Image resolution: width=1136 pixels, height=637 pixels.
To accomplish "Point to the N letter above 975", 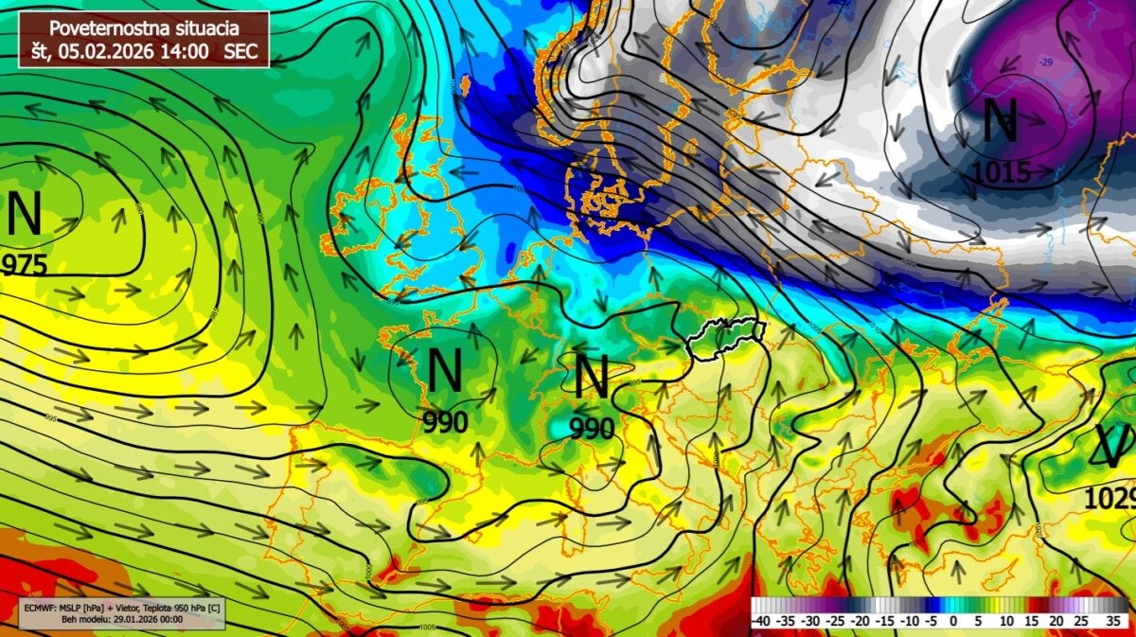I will [25, 216].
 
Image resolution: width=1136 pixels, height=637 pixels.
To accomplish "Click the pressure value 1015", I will [1001, 172].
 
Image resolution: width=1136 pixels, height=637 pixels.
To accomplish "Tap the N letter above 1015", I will [1000, 121].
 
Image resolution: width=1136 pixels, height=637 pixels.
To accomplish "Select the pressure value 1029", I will [1109, 499].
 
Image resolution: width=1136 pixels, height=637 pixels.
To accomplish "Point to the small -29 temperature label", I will [1045, 62].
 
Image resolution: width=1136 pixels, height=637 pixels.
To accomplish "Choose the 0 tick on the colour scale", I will [953, 621].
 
